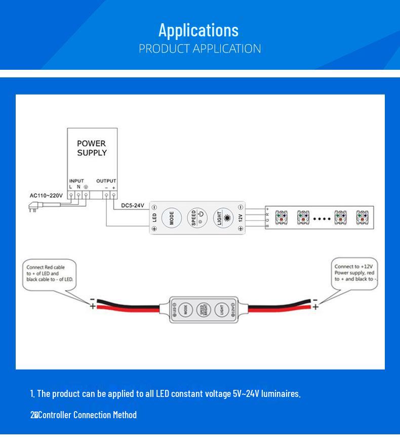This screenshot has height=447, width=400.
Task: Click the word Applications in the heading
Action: click(x=198, y=30)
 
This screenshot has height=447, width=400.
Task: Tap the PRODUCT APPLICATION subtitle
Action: click(x=200, y=49)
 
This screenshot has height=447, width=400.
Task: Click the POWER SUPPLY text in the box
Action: click(x=92, y=148)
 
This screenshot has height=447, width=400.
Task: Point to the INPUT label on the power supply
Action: click(x=76, y=181)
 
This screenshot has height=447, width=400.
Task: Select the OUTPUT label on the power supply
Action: click(x=106, y=181)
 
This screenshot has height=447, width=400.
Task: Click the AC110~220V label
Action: click(x=46, y=195)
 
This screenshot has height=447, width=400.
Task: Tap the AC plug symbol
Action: click(x=34, y=206)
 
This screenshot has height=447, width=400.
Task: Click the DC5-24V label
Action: click(x=133, y=206)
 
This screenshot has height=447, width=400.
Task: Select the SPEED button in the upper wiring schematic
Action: click(x=197, y=218)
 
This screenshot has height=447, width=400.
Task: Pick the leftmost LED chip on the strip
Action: click(x=281, y=218)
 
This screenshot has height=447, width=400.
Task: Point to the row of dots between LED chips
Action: click(x=322, y=219)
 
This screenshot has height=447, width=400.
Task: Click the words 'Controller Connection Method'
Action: click(x=87, y=415)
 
